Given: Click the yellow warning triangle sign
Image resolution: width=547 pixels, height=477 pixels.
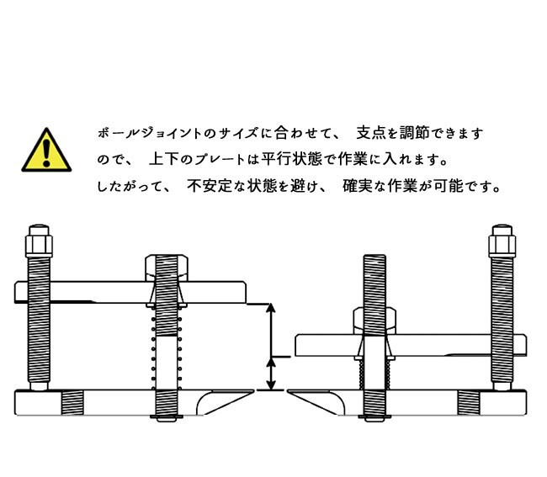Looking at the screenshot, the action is (x=46, y=151).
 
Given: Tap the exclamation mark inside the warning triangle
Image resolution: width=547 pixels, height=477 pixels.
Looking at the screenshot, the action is (x=46, y=153).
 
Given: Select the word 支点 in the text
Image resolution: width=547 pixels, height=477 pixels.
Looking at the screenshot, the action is (x=370, y=133).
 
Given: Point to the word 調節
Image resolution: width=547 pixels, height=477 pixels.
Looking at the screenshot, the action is (x=414, y=133).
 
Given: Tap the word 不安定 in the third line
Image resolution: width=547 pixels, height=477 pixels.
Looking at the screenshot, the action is (x=210, y=186).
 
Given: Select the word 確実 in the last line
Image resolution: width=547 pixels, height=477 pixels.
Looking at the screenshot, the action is (x=357, y=186).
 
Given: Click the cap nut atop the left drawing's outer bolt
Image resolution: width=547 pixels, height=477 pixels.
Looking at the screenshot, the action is (x=39, y=241).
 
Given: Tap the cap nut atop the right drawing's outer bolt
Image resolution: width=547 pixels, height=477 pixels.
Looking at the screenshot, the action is (x=502, y=241).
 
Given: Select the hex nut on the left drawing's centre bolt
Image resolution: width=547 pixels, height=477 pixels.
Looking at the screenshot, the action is (x=167, y=268).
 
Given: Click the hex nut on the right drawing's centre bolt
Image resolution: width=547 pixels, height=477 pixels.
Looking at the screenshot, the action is (x=374, y=321).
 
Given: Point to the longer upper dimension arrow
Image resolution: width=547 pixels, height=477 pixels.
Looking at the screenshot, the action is (x=271, y=331).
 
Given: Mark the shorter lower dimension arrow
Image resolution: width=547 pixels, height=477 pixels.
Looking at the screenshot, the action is (x=271, y=374).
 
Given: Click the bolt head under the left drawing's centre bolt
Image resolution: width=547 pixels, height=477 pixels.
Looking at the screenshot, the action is (x=167, y=418).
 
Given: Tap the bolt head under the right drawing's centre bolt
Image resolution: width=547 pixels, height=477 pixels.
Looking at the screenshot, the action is (x=374, y=418).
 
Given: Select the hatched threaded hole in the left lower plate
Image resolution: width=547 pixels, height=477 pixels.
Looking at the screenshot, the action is (x=72, y=403).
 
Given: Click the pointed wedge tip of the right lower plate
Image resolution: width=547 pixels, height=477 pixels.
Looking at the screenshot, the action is (x=288, y=391).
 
